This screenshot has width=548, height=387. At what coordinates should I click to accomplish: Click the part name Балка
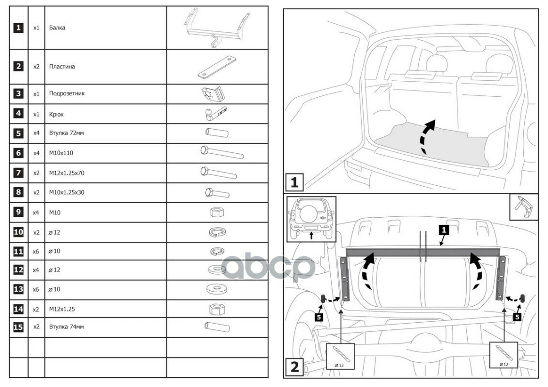tap(57, 28)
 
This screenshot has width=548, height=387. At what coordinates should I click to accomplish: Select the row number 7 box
tap(18, 173)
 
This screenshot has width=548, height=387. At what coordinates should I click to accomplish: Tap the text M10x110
tap(61, 153)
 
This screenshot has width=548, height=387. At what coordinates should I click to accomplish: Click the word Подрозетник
tap(67, 93)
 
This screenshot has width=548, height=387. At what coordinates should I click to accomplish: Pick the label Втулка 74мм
tap(66, 327)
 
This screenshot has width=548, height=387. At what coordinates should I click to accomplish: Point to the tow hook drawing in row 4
tap(213, 114)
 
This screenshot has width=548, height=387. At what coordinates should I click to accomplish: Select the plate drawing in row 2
tap(216, 67)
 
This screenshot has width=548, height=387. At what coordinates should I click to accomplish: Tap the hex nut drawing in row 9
tap(217, 212)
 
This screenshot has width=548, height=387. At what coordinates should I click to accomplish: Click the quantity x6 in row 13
tap(36, 289)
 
